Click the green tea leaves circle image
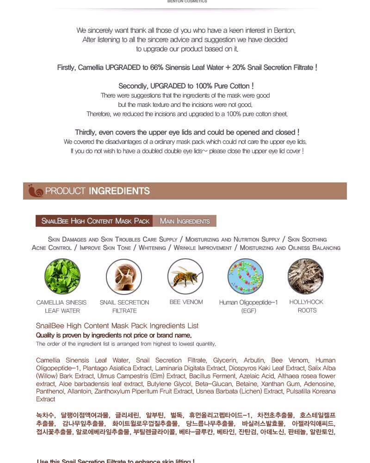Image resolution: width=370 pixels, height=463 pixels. click(62, 277)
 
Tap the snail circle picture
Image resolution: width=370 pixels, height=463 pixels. click(124, 277)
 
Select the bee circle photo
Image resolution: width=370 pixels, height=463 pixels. click(185, 276)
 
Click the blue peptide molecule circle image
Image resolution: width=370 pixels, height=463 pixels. click(246, 277)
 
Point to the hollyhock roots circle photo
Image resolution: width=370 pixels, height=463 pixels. click(306, 276)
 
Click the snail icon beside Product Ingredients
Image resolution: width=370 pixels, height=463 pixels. click(35, 191)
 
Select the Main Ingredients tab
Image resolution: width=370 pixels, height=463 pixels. click(185, 221)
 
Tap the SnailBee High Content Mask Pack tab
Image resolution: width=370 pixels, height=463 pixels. click(95, 221)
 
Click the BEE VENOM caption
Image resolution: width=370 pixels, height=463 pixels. click(186, 302)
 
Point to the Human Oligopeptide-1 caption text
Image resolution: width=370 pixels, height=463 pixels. click(248, 302)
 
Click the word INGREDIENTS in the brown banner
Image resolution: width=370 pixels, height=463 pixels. click(119, 191)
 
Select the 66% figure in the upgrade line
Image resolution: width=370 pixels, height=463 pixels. click(156, 68)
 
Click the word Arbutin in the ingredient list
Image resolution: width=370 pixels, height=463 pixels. click(254, 360)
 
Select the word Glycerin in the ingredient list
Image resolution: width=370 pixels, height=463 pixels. click(225, 360)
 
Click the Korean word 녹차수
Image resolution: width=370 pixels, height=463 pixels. click(45, 415)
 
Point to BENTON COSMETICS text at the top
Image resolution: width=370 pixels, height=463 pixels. click(187, 1)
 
